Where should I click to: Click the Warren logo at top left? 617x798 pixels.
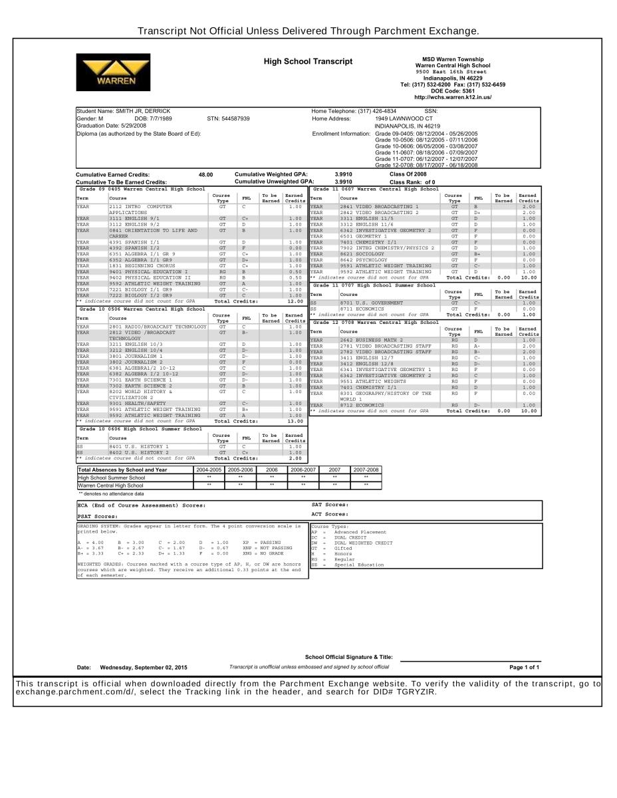click(114, 72)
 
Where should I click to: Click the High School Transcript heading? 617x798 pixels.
click(308, 62)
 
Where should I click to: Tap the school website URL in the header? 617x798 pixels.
click(452, 97)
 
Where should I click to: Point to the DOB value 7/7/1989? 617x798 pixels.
click(158, 118)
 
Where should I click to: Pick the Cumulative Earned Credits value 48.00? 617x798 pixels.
click(205, 175)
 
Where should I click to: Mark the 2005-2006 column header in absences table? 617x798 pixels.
click(241, 469)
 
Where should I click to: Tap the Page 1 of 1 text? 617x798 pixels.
click(525, 667)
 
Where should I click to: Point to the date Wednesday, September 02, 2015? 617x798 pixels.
click(143, 667)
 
